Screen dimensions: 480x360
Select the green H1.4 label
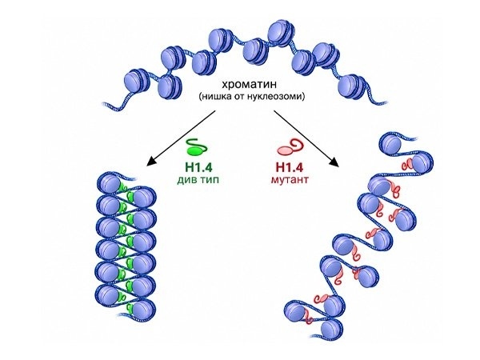point(198,167)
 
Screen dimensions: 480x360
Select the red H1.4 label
point(290,167)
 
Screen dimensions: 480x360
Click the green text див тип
point(198,180)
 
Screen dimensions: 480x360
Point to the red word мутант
point(290,179)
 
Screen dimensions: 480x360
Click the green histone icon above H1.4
point(197,146)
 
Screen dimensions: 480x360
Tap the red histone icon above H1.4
point(290,147)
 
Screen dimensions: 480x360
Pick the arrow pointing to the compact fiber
point(182,138)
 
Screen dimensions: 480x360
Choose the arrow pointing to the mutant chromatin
point(306,138)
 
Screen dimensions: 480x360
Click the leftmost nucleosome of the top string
point(137,82)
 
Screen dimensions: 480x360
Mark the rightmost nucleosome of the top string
point(352,86)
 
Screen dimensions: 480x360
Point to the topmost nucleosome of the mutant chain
point(390,143)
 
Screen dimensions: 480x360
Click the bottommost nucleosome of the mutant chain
point(331,329)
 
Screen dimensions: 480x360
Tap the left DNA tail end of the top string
point(103,104)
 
